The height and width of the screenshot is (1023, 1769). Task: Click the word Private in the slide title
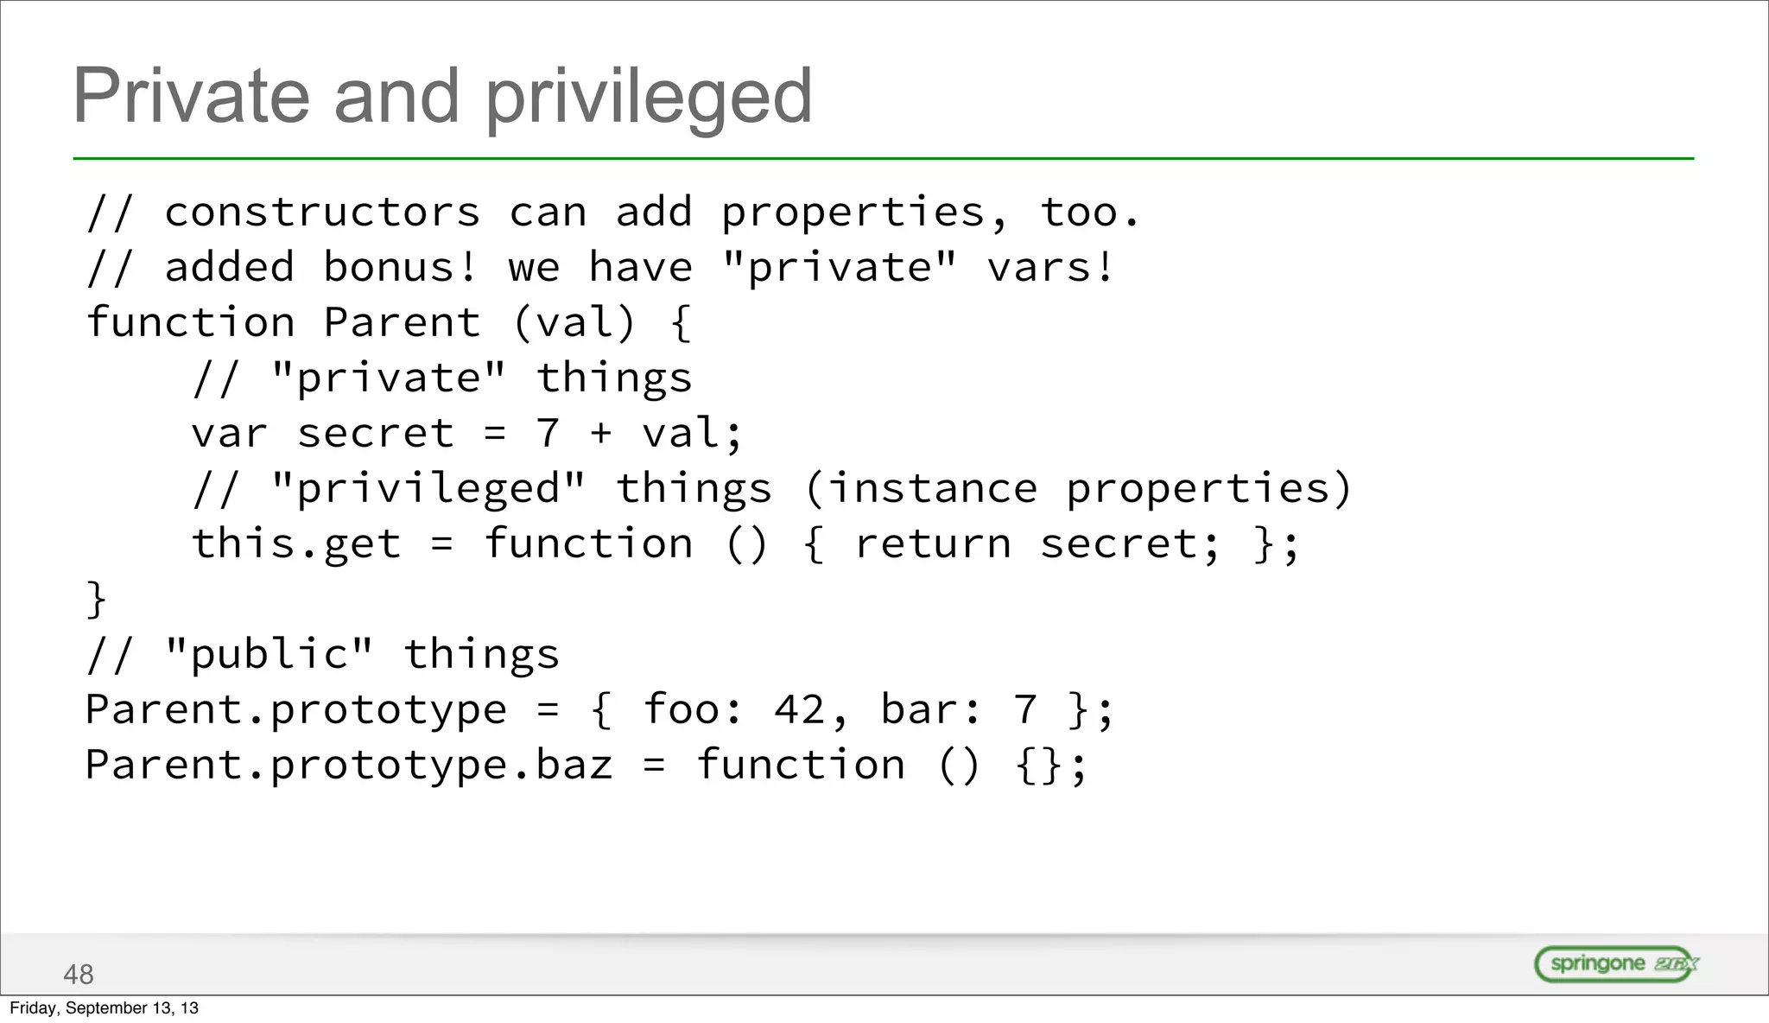pos(191,96)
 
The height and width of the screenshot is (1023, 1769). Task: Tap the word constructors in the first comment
pos(322,213)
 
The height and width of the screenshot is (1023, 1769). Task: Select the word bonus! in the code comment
pos(400,267)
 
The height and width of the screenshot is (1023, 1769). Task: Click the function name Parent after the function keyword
pos(402,322)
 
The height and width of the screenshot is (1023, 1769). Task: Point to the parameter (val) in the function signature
pos(574,323)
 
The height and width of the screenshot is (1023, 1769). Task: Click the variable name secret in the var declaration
pos(376,433)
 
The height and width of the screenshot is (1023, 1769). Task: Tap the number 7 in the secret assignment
pos(548,433)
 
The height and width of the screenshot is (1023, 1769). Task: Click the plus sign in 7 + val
pos(601,433)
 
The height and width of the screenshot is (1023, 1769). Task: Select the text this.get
pos(296,544)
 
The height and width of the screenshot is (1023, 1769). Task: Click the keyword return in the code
pos(933,544)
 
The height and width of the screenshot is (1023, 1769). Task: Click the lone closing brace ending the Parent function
pos(96,600)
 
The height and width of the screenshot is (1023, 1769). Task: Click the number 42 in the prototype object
pos(800,710)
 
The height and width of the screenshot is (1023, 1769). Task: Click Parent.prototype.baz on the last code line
pos(349,766)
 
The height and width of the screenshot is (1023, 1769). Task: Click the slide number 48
pos(79,975)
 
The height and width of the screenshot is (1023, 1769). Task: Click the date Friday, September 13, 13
pos(104,1008)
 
